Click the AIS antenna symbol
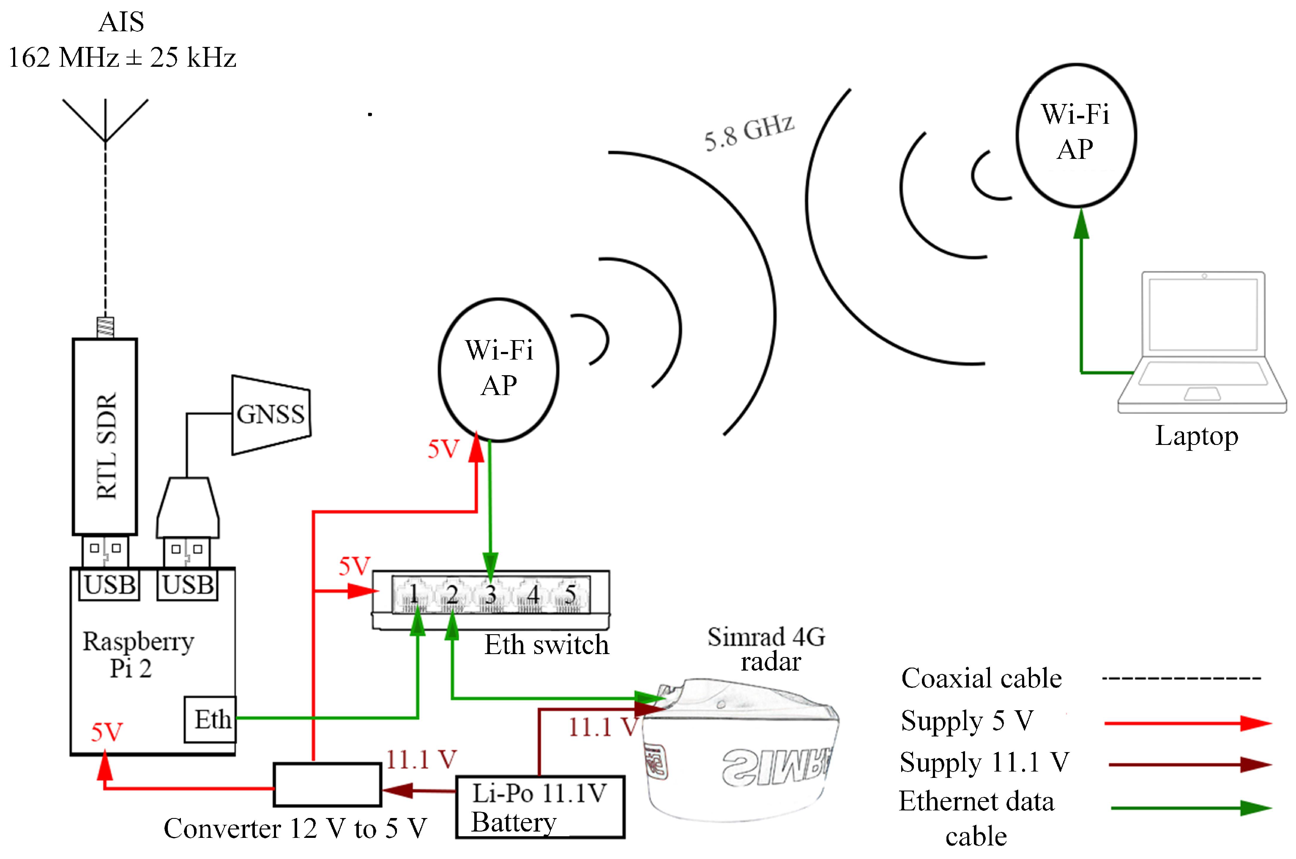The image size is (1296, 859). pyautogui.click(x=105, y=120)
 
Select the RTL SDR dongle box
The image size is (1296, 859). pyautogui.click(x=105, y=436)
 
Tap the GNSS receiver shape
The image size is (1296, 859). pyautogui.click(x=271, y=415)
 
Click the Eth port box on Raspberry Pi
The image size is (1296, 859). pyautogui.click(x=211, y=719)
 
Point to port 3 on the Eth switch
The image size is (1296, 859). pyautogui.click(x=490, y=594)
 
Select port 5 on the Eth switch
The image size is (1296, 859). pyautogui.click(x=571, y=594)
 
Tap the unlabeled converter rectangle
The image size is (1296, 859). pyautogui.click(x=327, y=785)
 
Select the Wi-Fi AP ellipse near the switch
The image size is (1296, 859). pyautogui.click(x=498, y=369)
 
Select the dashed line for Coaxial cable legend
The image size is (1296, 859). pyautogui.click(x=1181, y=678)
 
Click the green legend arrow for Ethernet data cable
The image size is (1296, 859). pyautogui.click(x=1190, y=807)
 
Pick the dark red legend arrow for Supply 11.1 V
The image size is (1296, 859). pyautogui.click(x=1189, y=764)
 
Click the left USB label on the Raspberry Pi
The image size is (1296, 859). pyautogui.click(x=109, y=584)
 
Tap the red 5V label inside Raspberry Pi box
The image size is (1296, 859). pyautogui.click(x=107, y=732)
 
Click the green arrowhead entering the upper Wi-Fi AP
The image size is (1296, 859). pyautogui.click(x=1081, y=225)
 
